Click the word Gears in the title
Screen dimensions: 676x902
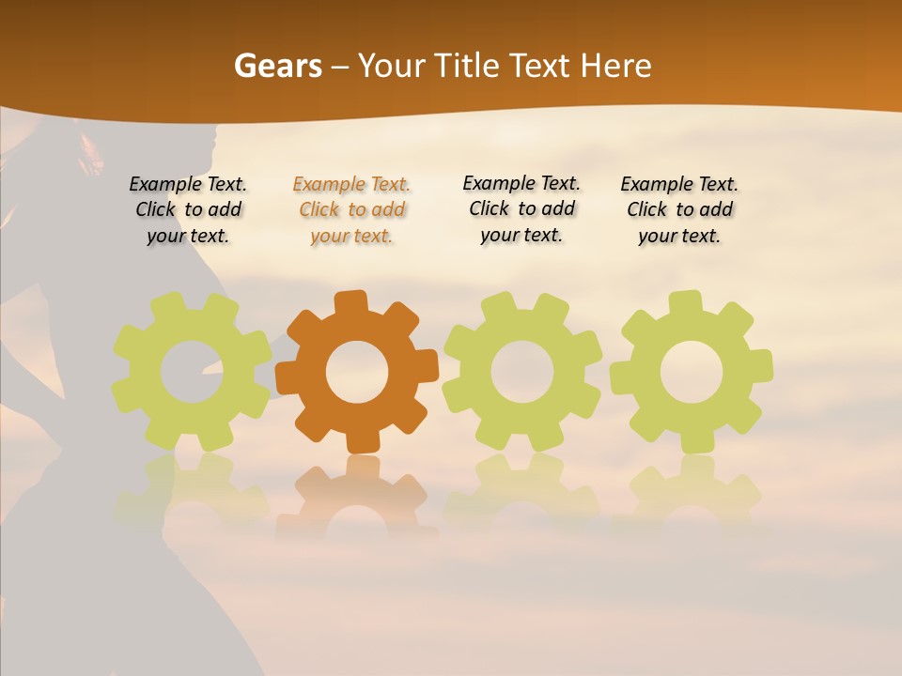277,66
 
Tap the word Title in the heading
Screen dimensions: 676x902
463,66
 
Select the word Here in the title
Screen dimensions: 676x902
616,66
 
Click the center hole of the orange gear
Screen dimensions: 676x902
357,372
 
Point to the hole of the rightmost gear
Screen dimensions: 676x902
692,372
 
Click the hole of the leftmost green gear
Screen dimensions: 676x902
191,372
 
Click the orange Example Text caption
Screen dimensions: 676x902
351,210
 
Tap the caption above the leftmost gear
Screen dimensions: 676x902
188,210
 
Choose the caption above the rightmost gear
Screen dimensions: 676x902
679,210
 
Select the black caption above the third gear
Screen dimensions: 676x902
521,209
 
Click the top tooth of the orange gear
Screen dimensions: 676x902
350,303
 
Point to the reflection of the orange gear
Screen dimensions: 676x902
357,493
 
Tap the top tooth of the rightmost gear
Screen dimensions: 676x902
685,303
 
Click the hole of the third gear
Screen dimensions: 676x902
522,372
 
